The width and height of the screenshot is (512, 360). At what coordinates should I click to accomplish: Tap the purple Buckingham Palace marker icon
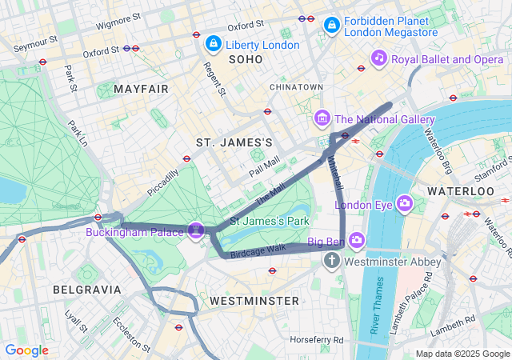point(196,231)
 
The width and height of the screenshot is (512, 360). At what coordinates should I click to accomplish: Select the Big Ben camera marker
point(357,240)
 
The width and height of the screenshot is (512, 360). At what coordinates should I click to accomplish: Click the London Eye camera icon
point(405,204)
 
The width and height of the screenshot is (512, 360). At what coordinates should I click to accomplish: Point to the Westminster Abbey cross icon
point(332,262)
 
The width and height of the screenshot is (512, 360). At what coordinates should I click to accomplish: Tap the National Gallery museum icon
point(322,119)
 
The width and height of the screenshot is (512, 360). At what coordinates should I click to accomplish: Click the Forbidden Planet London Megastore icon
point(331,26)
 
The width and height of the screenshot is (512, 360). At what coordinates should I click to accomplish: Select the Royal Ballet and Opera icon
point(379,58)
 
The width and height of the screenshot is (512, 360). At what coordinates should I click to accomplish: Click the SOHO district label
point(245,60)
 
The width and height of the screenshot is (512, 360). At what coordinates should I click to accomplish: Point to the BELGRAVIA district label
point(86,289)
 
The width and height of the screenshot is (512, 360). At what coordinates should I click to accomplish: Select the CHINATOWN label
point(296,86)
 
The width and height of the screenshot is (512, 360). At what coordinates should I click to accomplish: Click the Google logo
point(27,350)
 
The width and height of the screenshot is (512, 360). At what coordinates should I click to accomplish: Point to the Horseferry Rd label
point(316,340)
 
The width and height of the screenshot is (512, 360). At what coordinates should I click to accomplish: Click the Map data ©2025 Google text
point(462,354)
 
